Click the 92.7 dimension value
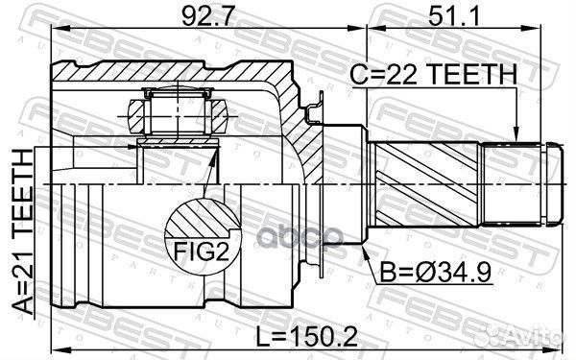[207, 16]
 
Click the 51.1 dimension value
[454, 16]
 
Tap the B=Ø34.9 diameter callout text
[435, 273]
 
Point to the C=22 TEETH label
[433, 74]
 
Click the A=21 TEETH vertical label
[23, 231]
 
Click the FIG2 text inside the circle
[201, 252]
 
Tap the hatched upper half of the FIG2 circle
[202, 218]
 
